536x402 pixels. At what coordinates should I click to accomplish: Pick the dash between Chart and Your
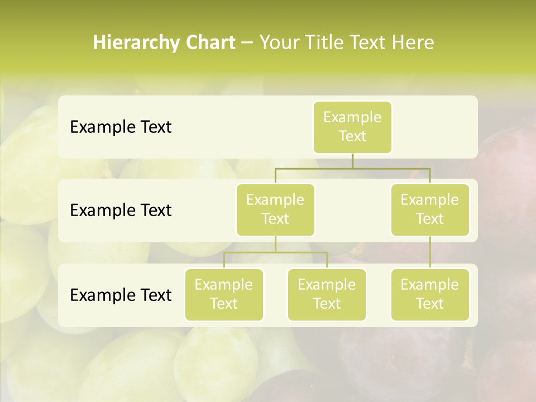(x=247, y=43)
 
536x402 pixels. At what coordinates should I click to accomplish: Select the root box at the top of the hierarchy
(x=352, y=127)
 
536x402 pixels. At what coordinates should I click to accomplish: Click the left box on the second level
(x=275, y=209)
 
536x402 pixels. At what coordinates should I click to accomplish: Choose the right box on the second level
(x=430, y=209)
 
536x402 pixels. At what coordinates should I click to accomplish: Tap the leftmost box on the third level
(x=224, y=294)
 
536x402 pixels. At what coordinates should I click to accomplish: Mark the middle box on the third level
(x=327, y=294)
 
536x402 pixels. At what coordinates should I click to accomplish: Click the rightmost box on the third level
(x=430, y=294)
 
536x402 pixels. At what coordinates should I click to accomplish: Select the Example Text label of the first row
(x=121, y=127)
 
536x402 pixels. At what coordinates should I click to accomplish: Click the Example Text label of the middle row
(x=121, y=210)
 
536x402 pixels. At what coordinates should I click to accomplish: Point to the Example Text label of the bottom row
(x=121, y=295)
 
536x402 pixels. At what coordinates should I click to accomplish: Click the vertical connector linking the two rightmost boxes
(x=430, y=252)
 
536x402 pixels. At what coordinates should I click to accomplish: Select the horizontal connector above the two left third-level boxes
(x=275, y=253)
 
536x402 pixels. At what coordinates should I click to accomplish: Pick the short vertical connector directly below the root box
(x=352, y=161)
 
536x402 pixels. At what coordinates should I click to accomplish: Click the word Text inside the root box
(x=352, y=136)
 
